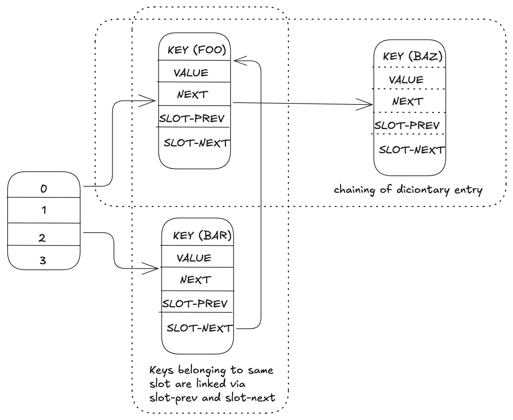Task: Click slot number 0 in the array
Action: click(x=44, y=189)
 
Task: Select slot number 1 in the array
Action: click(x=44, y=210)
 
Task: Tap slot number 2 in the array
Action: click(x=42, y=238)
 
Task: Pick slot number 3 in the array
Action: click(x=43, y=260)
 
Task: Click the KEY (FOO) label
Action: click(x=197, y=50)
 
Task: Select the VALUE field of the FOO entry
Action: click(x=191, y=73)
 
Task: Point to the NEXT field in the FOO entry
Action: click(x=192, y=94)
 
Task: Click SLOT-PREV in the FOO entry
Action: click(x=192, y=119)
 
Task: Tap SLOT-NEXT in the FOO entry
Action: click(x=197, y=143)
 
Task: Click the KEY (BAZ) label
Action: click(x=413, y=56)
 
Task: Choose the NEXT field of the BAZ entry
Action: click(x=408, y=101)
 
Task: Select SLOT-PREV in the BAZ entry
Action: click(x=407, y=125)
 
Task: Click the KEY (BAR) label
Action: click(x=202, y=235)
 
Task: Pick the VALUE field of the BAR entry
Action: click(x=194, y=258)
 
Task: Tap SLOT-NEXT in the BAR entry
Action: click(x=199, y=328)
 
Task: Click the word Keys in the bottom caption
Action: click(x=161, y=370)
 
